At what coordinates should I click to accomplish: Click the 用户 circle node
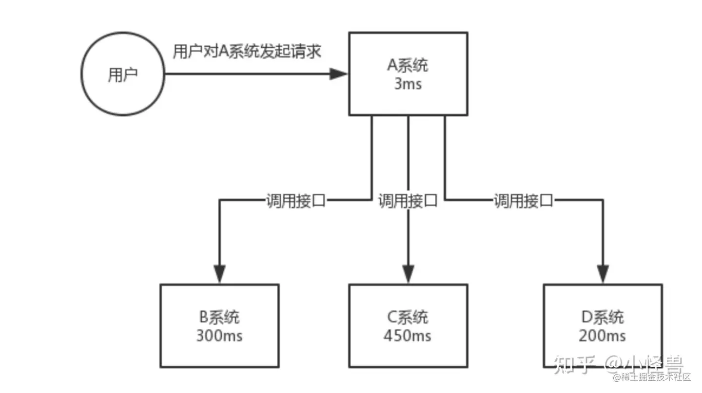122,75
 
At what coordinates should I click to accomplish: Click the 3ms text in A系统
408,84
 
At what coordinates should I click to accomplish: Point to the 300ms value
219,336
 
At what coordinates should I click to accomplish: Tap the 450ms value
408,336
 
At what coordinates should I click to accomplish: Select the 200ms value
603,336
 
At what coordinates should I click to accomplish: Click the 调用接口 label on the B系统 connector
296,200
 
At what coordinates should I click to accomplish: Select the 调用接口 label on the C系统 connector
408,200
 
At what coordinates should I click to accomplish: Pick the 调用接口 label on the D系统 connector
524,200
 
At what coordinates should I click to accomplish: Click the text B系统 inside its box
219,318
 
